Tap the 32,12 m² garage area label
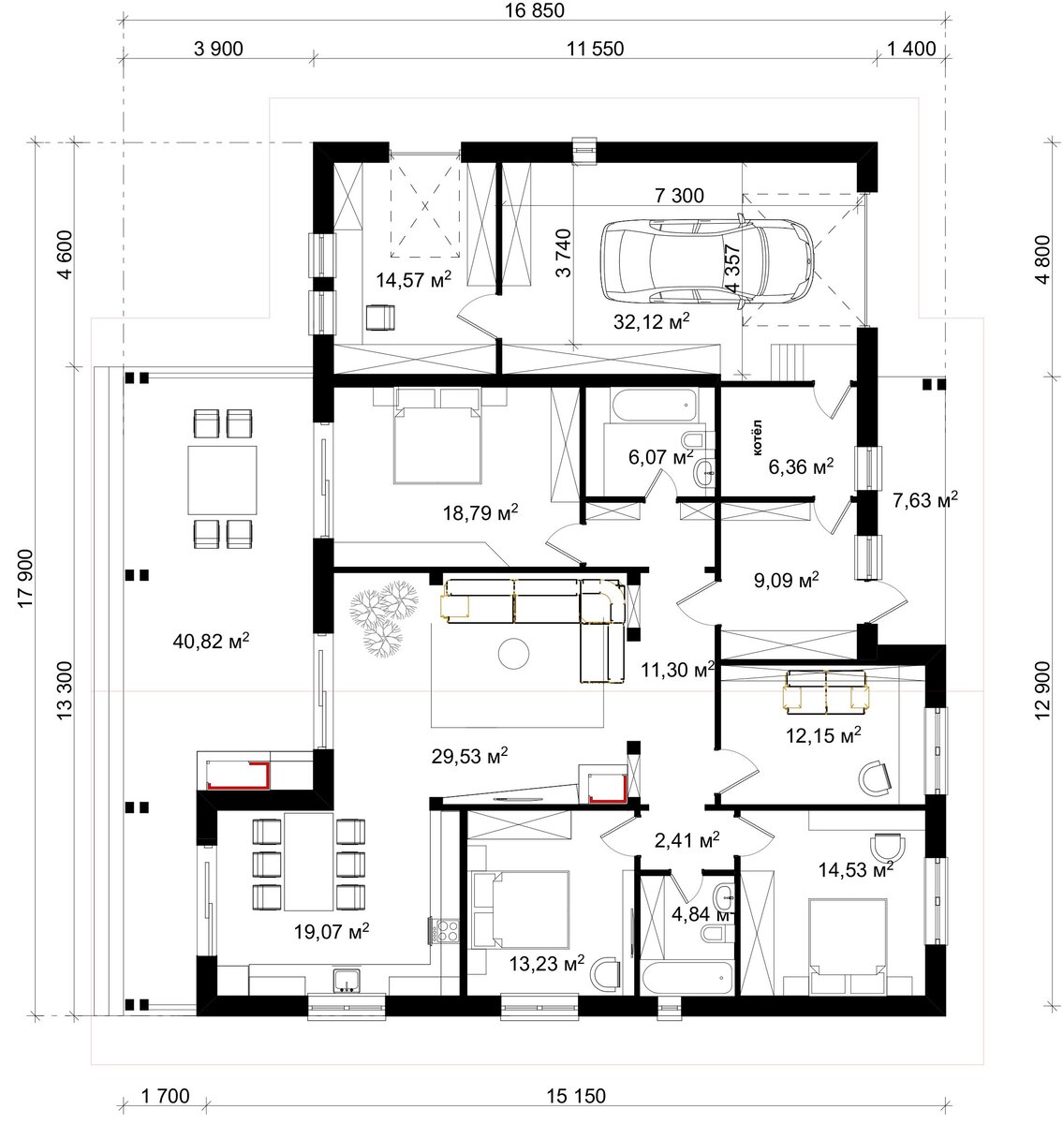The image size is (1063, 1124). pyautogui.click(x=651, y=321)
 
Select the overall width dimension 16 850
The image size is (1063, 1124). pyautogui.click(x=534, y=10)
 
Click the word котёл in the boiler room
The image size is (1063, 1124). pyautogui.click(x=757, y=438)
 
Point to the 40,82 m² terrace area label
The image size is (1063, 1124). pyautogui.click(x=211, y=641)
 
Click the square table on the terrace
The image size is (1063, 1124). pyautogui.click(x=223, y=481)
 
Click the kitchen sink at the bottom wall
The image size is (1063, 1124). pyautogui.click(x=347, y=979)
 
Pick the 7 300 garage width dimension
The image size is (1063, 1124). pyautogui.click(x=679, y=196)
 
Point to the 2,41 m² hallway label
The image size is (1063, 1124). pyautogui.click(x=687, y=840)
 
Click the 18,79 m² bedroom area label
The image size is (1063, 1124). pyautogui.click(x=480, y=512)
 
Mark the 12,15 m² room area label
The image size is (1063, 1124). pyautogui.click(x=823, y=735)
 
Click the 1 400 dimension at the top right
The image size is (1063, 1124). pyautogui.click(x=911, y=49)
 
